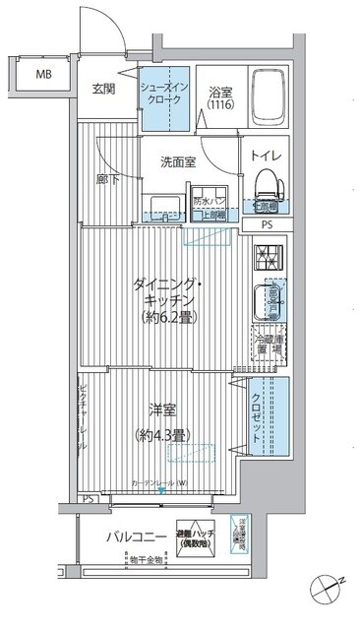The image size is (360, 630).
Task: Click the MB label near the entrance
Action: pos(45,74)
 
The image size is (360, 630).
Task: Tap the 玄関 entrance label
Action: pos(105,89)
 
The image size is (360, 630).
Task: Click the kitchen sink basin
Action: pos(269,299)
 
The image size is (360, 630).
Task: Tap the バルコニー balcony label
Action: pos(137,536)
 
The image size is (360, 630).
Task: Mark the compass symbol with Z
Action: pos(329,590)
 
